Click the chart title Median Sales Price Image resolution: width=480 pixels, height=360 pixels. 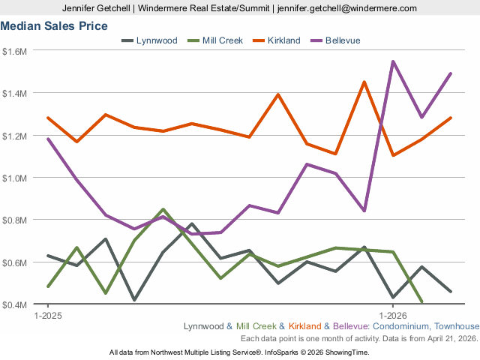tap(54, 25)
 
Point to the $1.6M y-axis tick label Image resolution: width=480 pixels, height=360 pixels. tap(14, 51)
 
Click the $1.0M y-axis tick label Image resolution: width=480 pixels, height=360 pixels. tap(14, 178)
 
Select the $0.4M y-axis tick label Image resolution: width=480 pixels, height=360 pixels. tap(14, 304)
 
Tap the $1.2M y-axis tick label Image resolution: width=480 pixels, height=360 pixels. tap(14, 136)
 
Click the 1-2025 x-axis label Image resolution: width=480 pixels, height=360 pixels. tap(48, 316)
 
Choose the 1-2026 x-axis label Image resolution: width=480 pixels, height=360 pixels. tap(393, 316)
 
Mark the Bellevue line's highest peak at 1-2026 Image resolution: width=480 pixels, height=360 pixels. tap(393, 61)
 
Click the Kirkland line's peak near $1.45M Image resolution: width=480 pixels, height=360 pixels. tap(364, 82)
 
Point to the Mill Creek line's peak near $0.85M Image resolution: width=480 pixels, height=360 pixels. tap(163, 209)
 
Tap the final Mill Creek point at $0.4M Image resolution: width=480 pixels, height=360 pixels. tap(421, 301)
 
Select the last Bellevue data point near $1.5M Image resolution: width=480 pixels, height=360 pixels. tap(451, 73)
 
